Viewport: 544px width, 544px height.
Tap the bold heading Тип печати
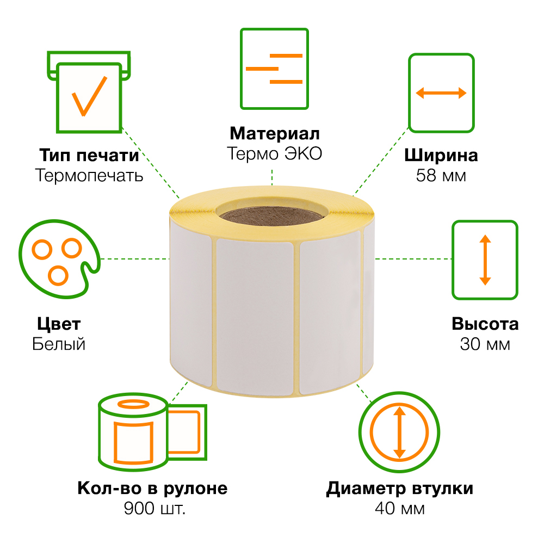pos(89,155)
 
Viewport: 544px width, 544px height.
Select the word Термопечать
pos(89,175)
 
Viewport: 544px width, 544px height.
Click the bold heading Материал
pos(274,134)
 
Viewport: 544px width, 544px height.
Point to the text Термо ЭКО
pos(274,153)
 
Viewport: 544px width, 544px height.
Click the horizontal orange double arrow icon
pos(441,93)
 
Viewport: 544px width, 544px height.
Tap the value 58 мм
pos(441,176)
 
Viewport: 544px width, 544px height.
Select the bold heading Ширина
pos(441,156)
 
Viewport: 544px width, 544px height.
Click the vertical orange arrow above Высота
pos(485,260)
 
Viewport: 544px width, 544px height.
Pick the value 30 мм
pos(485,344)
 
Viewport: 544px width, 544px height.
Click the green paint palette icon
pos(59,259)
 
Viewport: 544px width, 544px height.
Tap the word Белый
pos(59,344)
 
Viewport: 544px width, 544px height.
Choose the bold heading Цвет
pos(59,324)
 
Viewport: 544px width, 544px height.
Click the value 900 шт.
pos(154,509)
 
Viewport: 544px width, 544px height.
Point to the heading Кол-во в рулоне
pos(153,489)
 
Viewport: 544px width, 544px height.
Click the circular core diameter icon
pos(399,432)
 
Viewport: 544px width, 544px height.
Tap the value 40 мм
pos(400,509)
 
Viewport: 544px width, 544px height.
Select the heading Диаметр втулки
pos(400,489)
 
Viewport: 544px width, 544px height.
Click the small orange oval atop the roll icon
pos(134,404)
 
